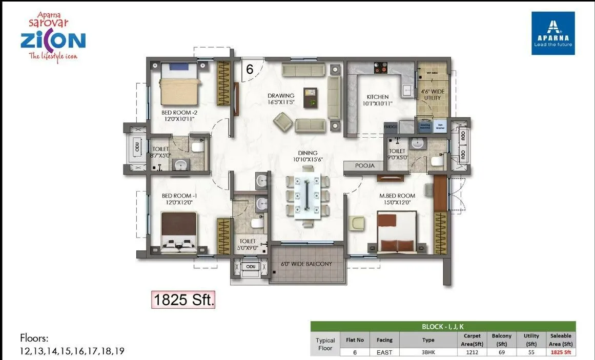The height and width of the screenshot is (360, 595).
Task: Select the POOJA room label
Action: point(365,165)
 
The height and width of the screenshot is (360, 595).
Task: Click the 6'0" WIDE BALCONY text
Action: point(306,264)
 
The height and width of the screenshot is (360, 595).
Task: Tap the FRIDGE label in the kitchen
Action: point(391,126)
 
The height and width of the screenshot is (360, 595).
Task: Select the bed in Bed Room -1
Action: point(178,232)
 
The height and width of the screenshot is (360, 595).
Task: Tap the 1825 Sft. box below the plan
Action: point(183,299)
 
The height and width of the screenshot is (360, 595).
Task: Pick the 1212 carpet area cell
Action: point(473,352)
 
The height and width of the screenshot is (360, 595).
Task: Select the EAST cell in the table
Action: point(384,352)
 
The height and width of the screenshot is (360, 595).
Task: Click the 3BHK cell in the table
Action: point(428,352)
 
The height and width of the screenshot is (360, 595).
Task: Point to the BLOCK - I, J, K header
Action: point(443,326)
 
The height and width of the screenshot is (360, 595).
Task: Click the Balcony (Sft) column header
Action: point(502,340)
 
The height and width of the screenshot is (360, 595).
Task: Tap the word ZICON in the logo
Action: point(53,41)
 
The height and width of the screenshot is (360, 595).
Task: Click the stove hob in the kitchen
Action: point(380,68)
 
